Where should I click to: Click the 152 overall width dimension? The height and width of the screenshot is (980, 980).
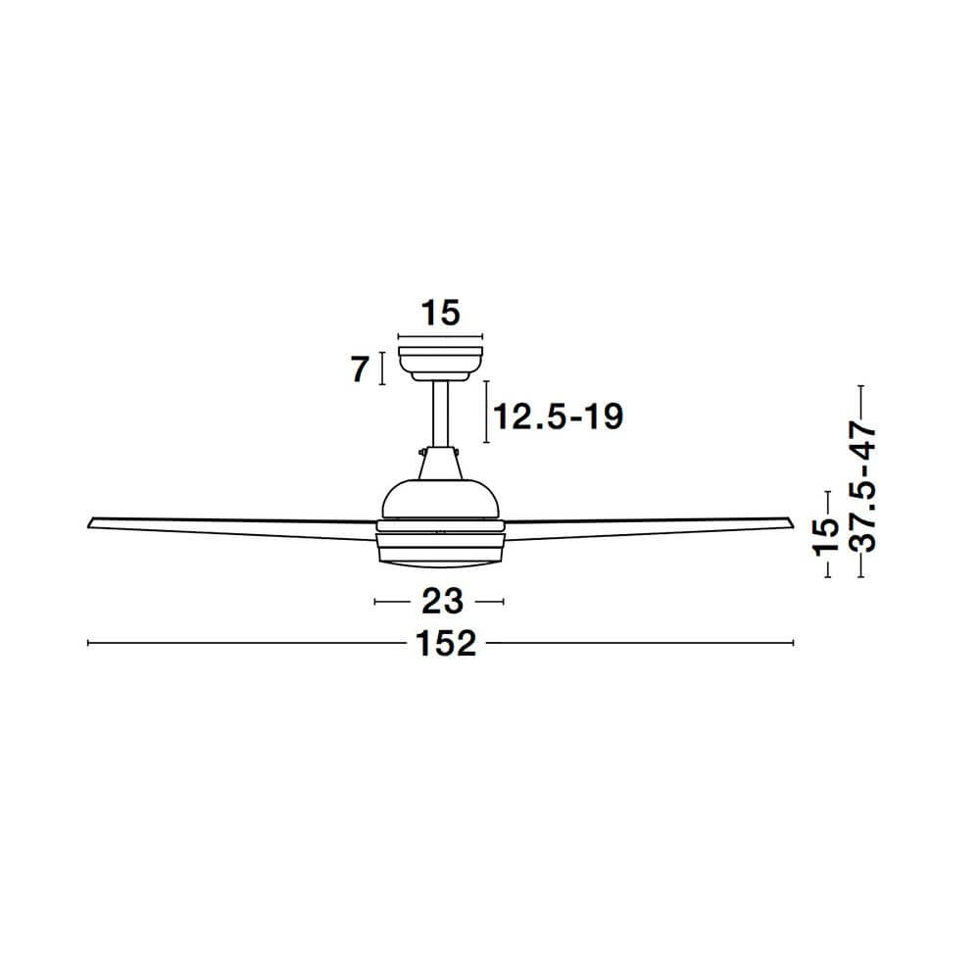446,643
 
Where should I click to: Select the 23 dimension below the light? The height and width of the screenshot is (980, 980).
443,602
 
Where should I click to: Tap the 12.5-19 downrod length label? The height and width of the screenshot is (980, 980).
559,416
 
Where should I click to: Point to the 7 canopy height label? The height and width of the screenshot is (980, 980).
360,369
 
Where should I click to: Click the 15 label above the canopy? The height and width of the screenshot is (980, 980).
441,314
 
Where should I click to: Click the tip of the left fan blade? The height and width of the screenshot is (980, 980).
88,526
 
